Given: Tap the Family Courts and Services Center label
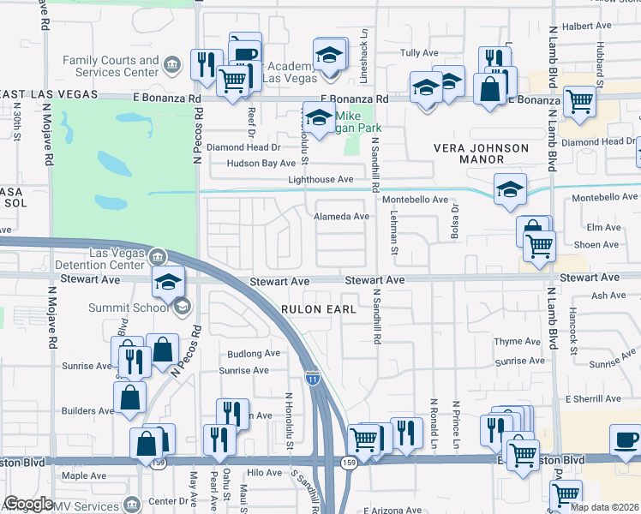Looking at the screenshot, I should (x=111, y=66).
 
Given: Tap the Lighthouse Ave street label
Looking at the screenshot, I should (x=320, y=180).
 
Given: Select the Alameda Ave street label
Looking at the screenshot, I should (x=342, y=217).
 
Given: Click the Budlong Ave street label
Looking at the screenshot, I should (x=254, y=353).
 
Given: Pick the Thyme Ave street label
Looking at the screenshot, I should (x=518, y=341).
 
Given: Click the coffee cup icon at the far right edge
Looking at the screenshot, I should (x=625, y=439).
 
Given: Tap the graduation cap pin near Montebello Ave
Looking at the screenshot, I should (x=510, y=190).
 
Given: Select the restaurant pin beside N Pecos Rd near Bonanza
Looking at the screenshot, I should (x=206, y=65).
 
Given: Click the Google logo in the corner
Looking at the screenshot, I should (x=28, y=504).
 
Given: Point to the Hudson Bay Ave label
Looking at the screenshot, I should (x=261, y=163).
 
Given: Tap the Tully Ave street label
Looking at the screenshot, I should (x=420, y=53).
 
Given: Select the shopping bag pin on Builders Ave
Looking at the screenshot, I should (x=129, y=397).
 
